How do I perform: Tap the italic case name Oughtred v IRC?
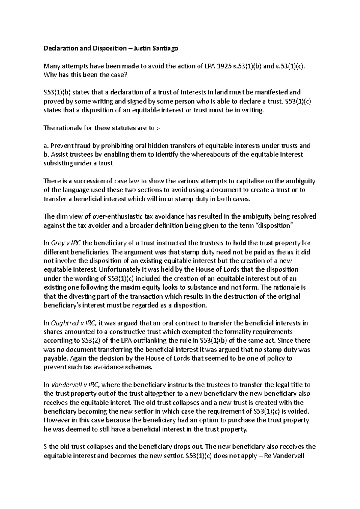(x=73, y=323)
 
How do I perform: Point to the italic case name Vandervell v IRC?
(x=75, y=385)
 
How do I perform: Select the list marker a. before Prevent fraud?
(x=46, y=146)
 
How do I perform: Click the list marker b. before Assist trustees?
(x=46, y=155)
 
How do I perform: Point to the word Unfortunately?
(x=140, y=269)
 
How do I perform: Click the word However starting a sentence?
(x=56, y=420)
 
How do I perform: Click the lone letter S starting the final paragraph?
(x=45, y=447)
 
